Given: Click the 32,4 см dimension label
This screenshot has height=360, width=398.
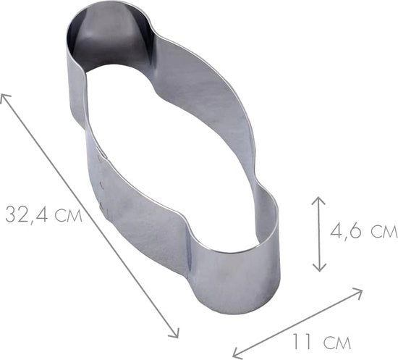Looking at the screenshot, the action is (x=44, y=214).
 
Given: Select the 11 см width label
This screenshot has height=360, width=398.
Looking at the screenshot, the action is (x=321, y=341).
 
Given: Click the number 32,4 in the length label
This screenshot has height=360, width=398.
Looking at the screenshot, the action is (x=27, y=214).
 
